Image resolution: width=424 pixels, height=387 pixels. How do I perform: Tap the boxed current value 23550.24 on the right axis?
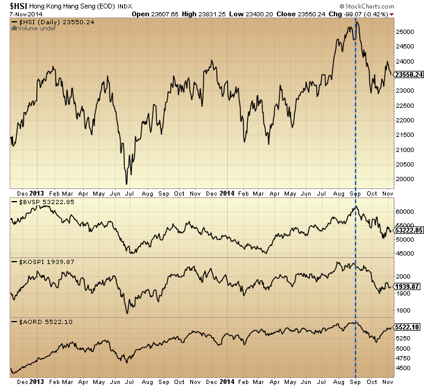[408, 74]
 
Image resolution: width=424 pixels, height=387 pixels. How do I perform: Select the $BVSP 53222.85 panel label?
[39, 202]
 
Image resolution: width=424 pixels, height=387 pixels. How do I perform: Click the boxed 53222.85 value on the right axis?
[408, 231]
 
